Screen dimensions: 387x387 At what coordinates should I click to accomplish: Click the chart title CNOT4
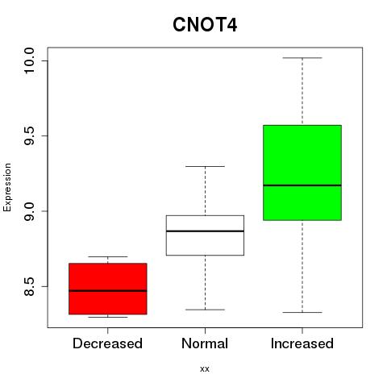tap(205, 25)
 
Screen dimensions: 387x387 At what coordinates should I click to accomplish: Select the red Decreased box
tap(108, 289)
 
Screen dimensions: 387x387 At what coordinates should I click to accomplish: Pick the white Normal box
tap(205, 235)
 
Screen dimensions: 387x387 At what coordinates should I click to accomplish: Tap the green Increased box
tap(302, 173)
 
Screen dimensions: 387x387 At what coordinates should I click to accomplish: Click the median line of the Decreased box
tap(108, 291)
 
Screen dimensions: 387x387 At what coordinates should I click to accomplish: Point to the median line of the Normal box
tap(205, 231)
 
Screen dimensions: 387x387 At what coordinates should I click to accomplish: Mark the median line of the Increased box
tap(302, 185)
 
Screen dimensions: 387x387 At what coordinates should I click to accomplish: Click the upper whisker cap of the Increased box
tap(302, 58)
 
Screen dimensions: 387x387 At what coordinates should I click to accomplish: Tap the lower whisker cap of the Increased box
tap(302, 312)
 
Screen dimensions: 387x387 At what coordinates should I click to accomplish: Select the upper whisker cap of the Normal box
tap(205, 166)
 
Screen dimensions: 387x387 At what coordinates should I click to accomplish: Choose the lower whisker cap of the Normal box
tap(205, 310)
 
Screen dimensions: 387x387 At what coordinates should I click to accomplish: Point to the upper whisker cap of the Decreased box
tap(108, 256)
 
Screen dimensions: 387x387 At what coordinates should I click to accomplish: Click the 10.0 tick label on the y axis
tap(29, 60)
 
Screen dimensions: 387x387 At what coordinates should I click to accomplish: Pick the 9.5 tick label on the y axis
tap(29, 135)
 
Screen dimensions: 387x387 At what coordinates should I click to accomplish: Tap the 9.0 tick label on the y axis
tap(29, 211)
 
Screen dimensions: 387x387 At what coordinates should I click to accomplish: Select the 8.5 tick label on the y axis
tap(29, 286)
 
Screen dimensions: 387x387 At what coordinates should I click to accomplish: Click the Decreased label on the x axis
tap(107, 343)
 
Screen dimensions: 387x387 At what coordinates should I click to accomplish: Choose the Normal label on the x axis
tap(205, 343)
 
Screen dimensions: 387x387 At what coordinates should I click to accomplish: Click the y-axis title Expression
tap(7, 187)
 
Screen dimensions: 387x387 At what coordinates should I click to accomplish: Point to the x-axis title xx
tap(205, 369)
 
